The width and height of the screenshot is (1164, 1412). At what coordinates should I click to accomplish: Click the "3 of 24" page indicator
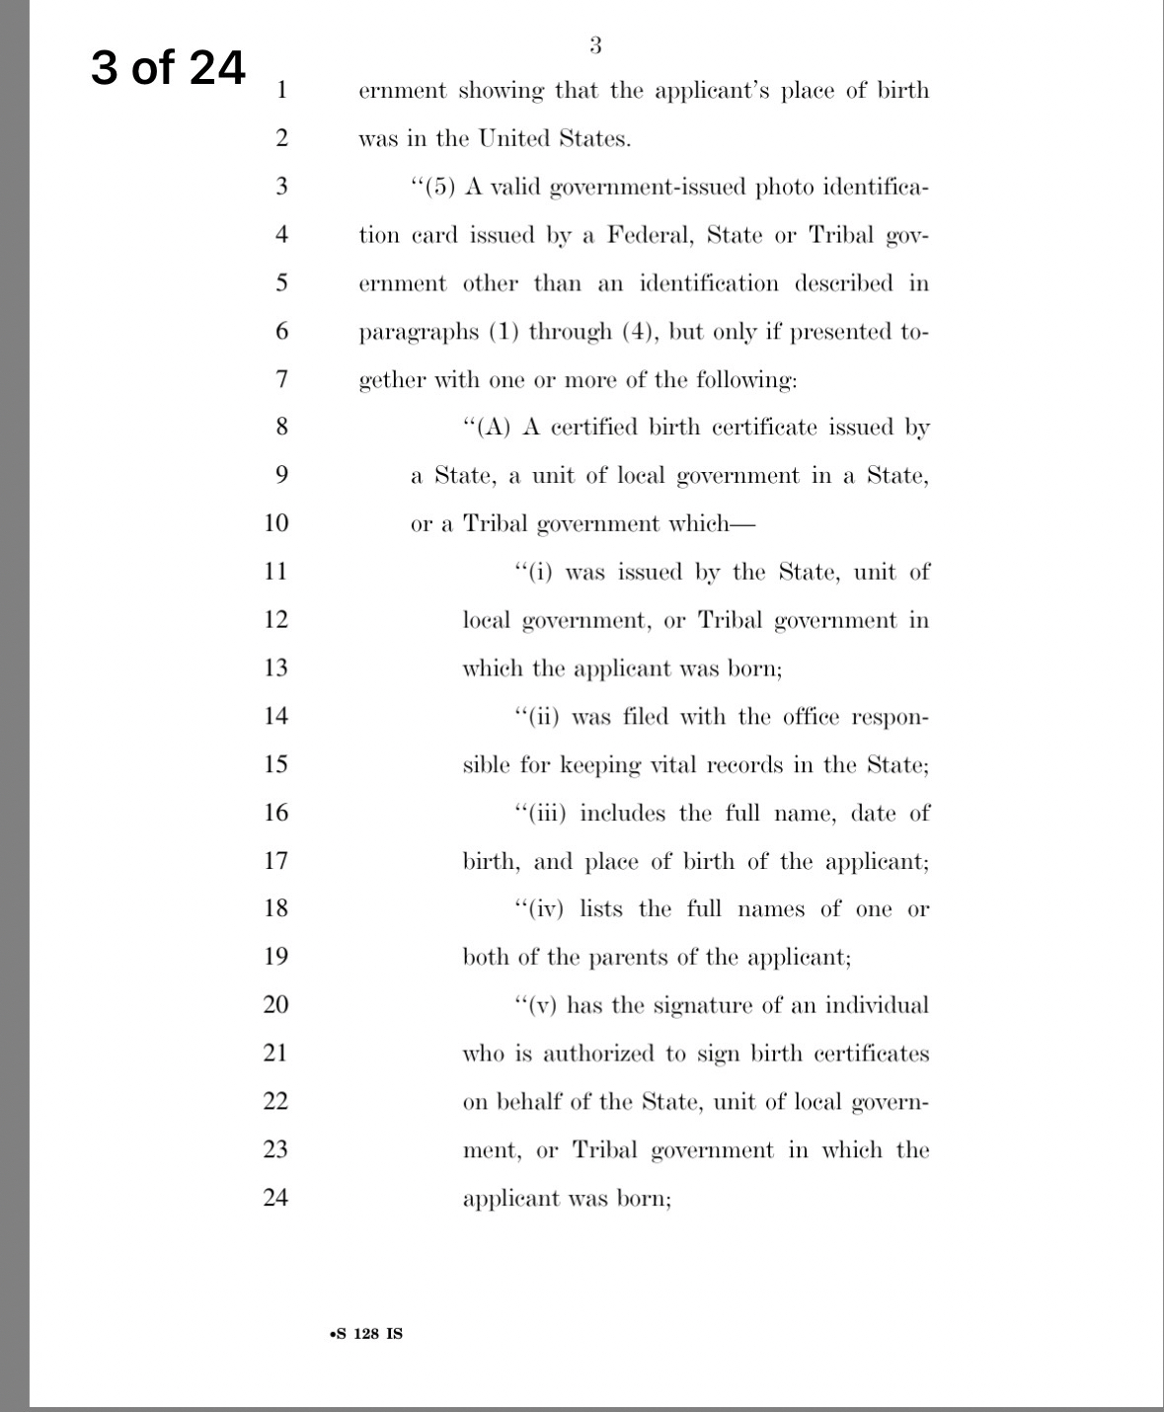(x=168, y=68)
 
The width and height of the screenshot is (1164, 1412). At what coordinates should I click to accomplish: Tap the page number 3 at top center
(x=594, y=44)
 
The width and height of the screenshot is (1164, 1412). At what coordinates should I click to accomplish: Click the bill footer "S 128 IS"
(x=367, y=1334)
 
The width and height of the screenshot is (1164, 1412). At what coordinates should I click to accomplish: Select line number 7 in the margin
(x=281, y=379)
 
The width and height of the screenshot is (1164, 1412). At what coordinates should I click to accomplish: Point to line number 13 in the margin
(x=275, y=667)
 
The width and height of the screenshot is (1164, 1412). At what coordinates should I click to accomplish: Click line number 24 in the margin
(x=275, y=1198)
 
